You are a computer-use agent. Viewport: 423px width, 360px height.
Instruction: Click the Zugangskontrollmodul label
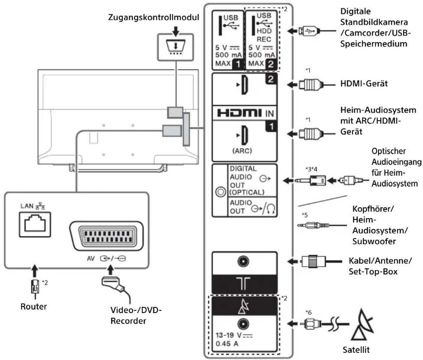(153, 17)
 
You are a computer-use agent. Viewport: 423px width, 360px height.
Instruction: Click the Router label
(34, 306)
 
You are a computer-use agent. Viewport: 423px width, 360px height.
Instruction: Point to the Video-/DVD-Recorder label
(136, 315)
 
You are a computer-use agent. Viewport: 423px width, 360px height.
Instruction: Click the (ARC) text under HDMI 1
(242, 151)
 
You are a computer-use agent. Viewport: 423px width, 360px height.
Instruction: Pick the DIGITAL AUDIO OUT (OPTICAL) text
(247, 180)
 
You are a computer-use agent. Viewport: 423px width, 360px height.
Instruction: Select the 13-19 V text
(234, 335)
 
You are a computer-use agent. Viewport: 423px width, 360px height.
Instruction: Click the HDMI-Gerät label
(364, 84)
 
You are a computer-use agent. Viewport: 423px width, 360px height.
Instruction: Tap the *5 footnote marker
(305, 215)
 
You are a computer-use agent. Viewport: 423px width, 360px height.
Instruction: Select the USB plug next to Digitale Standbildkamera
(307, 31)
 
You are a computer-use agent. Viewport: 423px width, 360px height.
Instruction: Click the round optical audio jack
(220, 192)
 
